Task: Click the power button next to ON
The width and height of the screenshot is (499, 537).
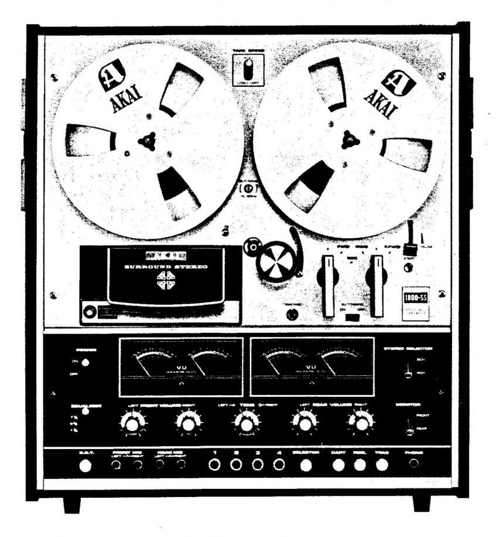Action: tap(86, 363)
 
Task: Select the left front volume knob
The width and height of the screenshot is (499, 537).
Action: tap(132, 422)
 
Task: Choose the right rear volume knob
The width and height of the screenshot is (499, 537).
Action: tap(361, 422)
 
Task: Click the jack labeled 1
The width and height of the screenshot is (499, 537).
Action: tap(214, 465)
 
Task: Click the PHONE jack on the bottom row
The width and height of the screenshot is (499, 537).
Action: tap(414, 465)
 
